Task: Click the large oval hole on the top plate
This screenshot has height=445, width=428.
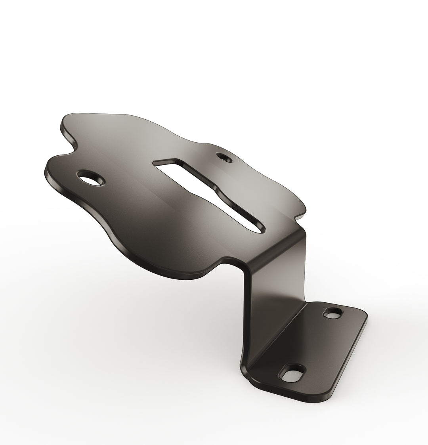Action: tap(91, 179)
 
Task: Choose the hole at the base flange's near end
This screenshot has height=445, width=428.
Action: tap(293, 374)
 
